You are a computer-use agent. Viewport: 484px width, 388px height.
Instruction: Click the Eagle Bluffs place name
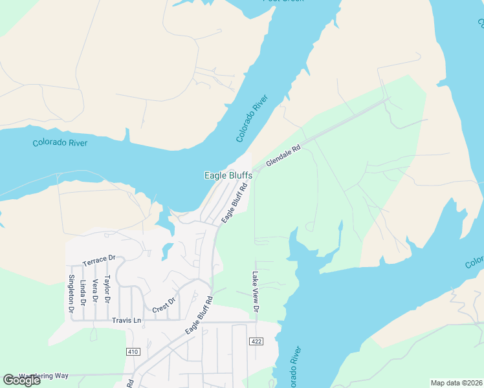click(x=228, y=175)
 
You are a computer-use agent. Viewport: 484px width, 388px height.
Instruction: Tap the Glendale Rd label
click(x=283, y=157)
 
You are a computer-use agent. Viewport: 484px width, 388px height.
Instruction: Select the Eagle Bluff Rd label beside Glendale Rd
click(x=235, y=204)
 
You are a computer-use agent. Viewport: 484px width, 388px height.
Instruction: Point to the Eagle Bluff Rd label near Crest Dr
click(x=199, y=316)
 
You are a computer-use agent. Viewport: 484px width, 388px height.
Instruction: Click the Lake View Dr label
click(x=255, y=292)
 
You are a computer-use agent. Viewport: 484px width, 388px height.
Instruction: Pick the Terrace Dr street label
click(x=98, y=260)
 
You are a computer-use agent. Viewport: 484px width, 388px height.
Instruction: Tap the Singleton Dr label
click(x=71, y=294)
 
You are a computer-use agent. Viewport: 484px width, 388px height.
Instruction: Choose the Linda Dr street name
click(x=83, y=292)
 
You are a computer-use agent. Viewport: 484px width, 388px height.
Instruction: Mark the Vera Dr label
click(x=94, y=291)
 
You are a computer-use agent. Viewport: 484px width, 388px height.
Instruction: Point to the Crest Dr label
click(x=164, y=305)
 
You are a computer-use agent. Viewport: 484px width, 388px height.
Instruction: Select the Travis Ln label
click(x=126, y=320)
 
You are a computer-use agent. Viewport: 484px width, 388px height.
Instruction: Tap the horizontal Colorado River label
click(x=60, y=142)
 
